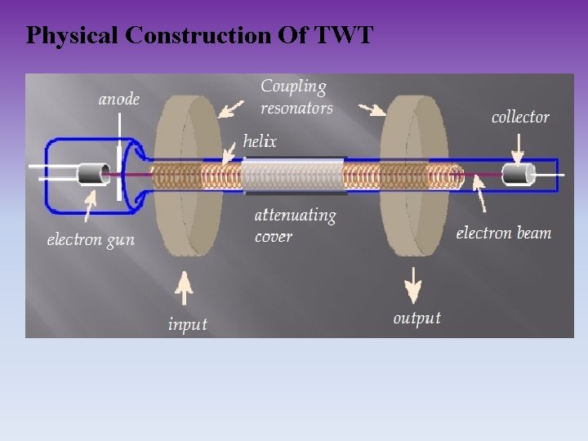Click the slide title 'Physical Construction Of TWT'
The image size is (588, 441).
point(199,35)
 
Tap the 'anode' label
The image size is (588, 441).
point(119,100)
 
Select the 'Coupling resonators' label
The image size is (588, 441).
point(296,96)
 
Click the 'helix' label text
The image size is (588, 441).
point(260,141)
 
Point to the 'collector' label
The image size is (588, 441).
point(520,117)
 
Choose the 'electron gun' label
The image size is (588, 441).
point(91,239)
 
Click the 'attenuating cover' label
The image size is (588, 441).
point(295,225)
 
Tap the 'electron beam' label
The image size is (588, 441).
point(503,233)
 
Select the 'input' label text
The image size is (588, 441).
point(187,324)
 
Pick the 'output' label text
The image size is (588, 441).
point(416,318)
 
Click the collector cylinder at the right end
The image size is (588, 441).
point(518,174)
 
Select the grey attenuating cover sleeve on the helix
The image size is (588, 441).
point(294,175)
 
